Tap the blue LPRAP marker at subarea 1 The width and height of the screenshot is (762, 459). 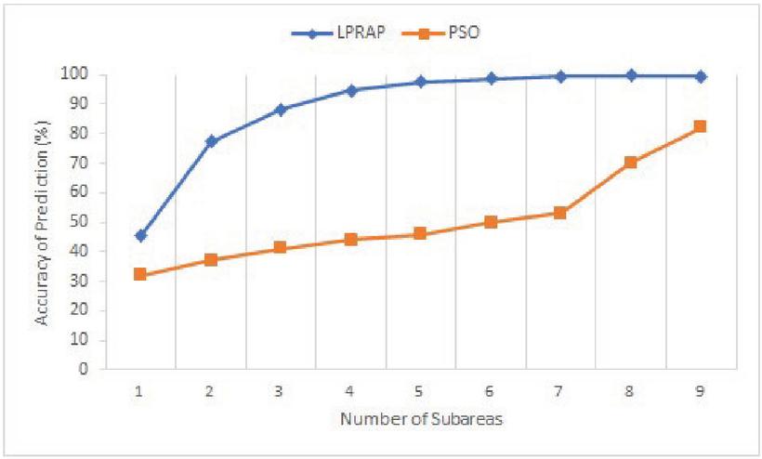pos(140,236)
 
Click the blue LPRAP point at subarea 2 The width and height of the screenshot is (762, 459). pos(211,141)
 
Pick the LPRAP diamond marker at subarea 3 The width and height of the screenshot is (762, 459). pos(281,110)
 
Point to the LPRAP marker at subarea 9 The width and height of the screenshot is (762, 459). pos(701,76)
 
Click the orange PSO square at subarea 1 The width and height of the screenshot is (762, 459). pos(140,274)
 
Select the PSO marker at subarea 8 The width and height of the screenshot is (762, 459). pos(631,162)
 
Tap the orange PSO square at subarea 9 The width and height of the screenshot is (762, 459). pos(701,126)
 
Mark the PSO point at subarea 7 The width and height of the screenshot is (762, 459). pos(560,213)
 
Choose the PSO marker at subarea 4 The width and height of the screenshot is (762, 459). pos(350,239)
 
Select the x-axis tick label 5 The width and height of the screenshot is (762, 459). pos(420,392)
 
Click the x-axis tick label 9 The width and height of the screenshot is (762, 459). pos(701,392)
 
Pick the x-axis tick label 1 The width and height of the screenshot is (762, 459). pos(140,392)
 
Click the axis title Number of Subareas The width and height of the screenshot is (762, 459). pos(421,420)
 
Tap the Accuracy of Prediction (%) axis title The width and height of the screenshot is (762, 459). pos(42,221)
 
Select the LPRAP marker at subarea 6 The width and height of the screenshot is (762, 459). pos(491,79)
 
